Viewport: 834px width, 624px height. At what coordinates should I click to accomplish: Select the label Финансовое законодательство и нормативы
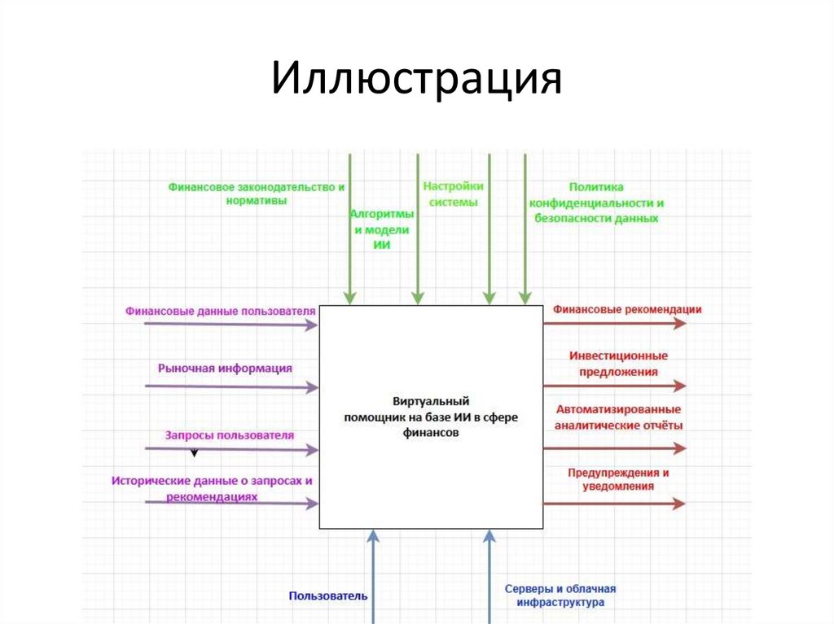pyautogui.click(x=257, y=194)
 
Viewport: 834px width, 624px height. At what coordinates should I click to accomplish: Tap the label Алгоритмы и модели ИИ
pyautogui.click(x=382, y=229)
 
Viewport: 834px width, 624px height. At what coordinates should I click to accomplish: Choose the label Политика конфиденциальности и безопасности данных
pyautogui.click(x=596, y=203)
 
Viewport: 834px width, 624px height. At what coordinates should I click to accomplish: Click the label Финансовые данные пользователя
pyautogui.click(x=220, y=310)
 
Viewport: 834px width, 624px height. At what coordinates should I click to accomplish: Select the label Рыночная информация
pyautogui.click(x=226, y=368)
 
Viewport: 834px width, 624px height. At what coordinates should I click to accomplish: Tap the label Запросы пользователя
pyautogui.click(x=230, y=435)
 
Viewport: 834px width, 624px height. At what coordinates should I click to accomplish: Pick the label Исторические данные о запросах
pyautogui.click(x=212, y=487)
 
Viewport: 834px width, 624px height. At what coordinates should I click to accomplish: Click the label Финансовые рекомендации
pyautogui.click(x=627, y=309)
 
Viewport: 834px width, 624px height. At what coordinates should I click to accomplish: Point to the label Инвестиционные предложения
pyautogui.click(x=619, y=364)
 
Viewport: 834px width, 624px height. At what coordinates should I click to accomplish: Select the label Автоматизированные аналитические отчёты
pyautogui.click(x=619, y=417)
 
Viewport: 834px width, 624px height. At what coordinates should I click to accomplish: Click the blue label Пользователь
pyautogui.click(x=328, y=596)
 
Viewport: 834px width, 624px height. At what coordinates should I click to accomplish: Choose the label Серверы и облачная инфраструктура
pyautogui.click(x=560, y=596)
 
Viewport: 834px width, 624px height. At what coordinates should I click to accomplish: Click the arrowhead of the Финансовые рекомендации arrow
pyautogui.click(x=680, y=323)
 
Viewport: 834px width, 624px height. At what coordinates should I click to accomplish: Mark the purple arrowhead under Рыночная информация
pyautogui.click(x=312, y=388)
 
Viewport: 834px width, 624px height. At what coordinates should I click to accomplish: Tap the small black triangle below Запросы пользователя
pyautogui.click(x=194, y=452)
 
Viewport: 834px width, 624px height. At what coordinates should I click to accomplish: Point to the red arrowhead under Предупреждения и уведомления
pyautogui.click(x=680, y=504)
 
